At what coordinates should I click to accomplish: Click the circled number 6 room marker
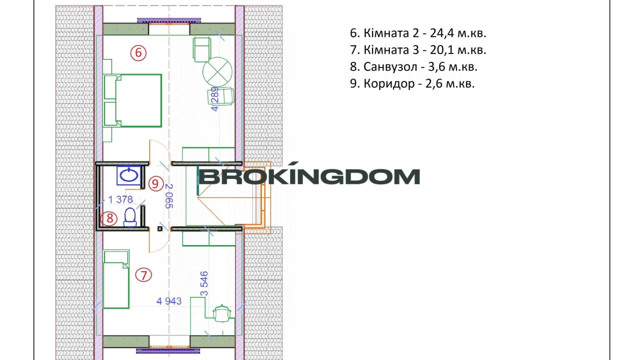[x=138, y=53]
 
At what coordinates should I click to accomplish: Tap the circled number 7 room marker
[x=143, y=275]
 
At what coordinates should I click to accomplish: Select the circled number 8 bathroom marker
[x=109, y=218]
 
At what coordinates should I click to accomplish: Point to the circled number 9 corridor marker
[x=155, y=183]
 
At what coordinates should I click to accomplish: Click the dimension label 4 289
[x=215, y=99]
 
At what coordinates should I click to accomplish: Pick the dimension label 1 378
[x=120, y=199]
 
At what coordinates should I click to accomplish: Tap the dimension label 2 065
[x=168, y=196]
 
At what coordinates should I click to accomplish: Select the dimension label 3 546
[x=204, y=283]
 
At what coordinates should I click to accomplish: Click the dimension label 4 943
[x=169, y=301]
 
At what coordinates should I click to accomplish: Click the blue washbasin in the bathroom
[x=128, y=175]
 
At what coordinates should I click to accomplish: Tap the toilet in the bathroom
[x=130, y=217]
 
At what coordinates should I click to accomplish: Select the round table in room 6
[x=217, y=72]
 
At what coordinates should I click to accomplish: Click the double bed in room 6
[x=133, y=100]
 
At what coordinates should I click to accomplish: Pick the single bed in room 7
[x=116, y=279]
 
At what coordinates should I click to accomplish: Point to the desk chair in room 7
[x=222, y=313]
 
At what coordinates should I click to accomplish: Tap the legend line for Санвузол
[x=413, y=67]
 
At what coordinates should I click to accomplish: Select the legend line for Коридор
[x=412, y=83]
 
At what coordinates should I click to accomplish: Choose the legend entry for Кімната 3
[x=418, y=50]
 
